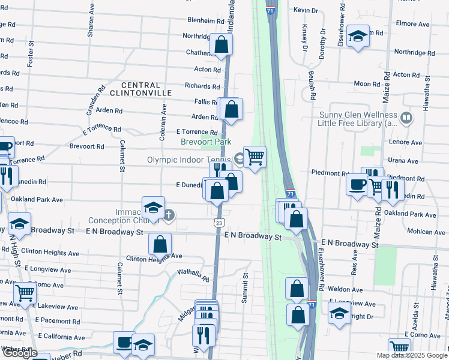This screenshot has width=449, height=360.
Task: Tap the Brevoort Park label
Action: pyautogui.click(x=206, y=142)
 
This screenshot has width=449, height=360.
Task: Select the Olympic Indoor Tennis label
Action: pyautogui.click(x=190, y=160)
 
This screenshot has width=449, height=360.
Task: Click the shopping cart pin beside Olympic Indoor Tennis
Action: pyautogui.click(x=255, y=157)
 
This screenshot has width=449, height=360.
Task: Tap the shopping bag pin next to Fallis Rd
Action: pyautogui.click(x=231, y=109)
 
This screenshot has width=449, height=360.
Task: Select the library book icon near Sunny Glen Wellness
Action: pyautogui.click(x=406, y=118)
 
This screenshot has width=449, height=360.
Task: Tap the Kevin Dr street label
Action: pyautogui.click(x=306, y=10)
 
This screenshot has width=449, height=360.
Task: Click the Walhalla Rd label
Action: pyautogui.click(x=193, y=276)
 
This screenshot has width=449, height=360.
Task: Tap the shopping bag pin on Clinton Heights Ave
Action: pyautogui.click(x=160, y=244)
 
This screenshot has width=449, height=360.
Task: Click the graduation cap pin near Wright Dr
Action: pyautogui.click(x=339, y=313)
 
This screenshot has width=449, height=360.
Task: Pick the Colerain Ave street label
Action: pyautogui.click(x=163, y=123)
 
